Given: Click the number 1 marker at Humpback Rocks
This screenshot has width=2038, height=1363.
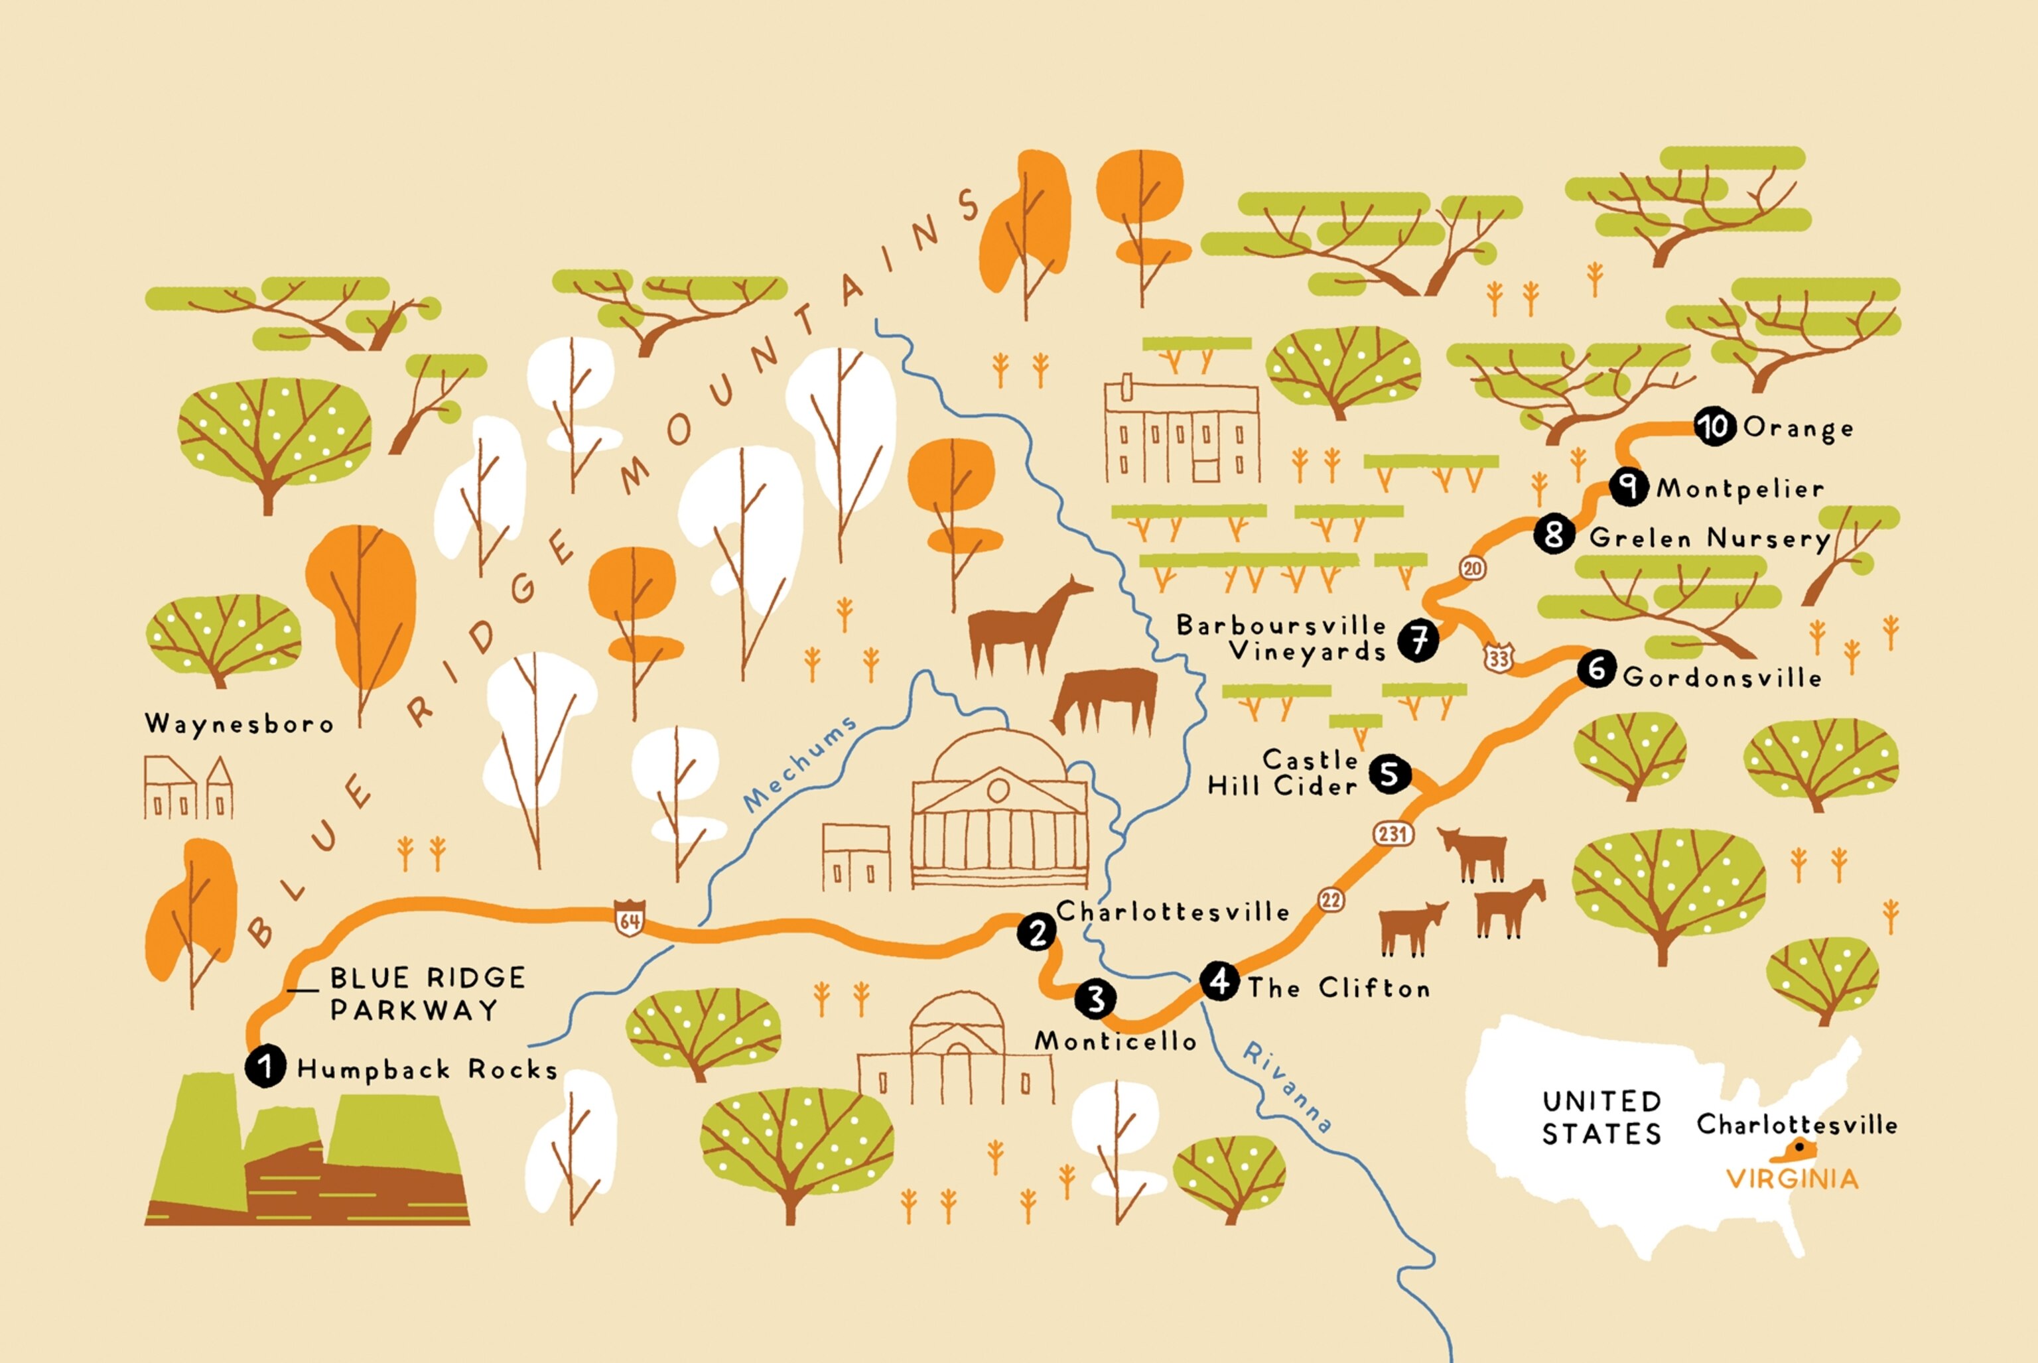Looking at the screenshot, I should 265,1066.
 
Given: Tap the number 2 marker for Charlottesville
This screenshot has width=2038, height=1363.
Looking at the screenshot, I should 1036,933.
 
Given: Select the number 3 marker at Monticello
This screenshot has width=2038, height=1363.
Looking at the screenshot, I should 1095,999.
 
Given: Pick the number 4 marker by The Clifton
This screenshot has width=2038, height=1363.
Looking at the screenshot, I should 1220,980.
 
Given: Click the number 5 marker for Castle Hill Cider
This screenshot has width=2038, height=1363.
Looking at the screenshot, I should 1389,773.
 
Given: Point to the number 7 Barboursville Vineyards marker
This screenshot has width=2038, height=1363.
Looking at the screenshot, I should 1418,641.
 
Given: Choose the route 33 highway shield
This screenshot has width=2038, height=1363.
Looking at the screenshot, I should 1498,658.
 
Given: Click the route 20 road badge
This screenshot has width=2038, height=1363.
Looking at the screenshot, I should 1472,568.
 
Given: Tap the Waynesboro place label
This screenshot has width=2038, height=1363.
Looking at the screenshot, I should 239,724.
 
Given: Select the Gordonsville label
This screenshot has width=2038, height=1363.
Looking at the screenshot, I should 1722,677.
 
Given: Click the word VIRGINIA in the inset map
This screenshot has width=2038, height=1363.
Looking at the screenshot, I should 1792,1179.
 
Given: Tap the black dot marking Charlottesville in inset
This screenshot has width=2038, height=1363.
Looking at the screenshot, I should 1799,1147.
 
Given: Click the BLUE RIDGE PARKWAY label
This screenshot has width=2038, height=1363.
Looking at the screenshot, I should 426,994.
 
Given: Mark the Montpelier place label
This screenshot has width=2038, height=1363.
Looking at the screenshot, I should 1739,489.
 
